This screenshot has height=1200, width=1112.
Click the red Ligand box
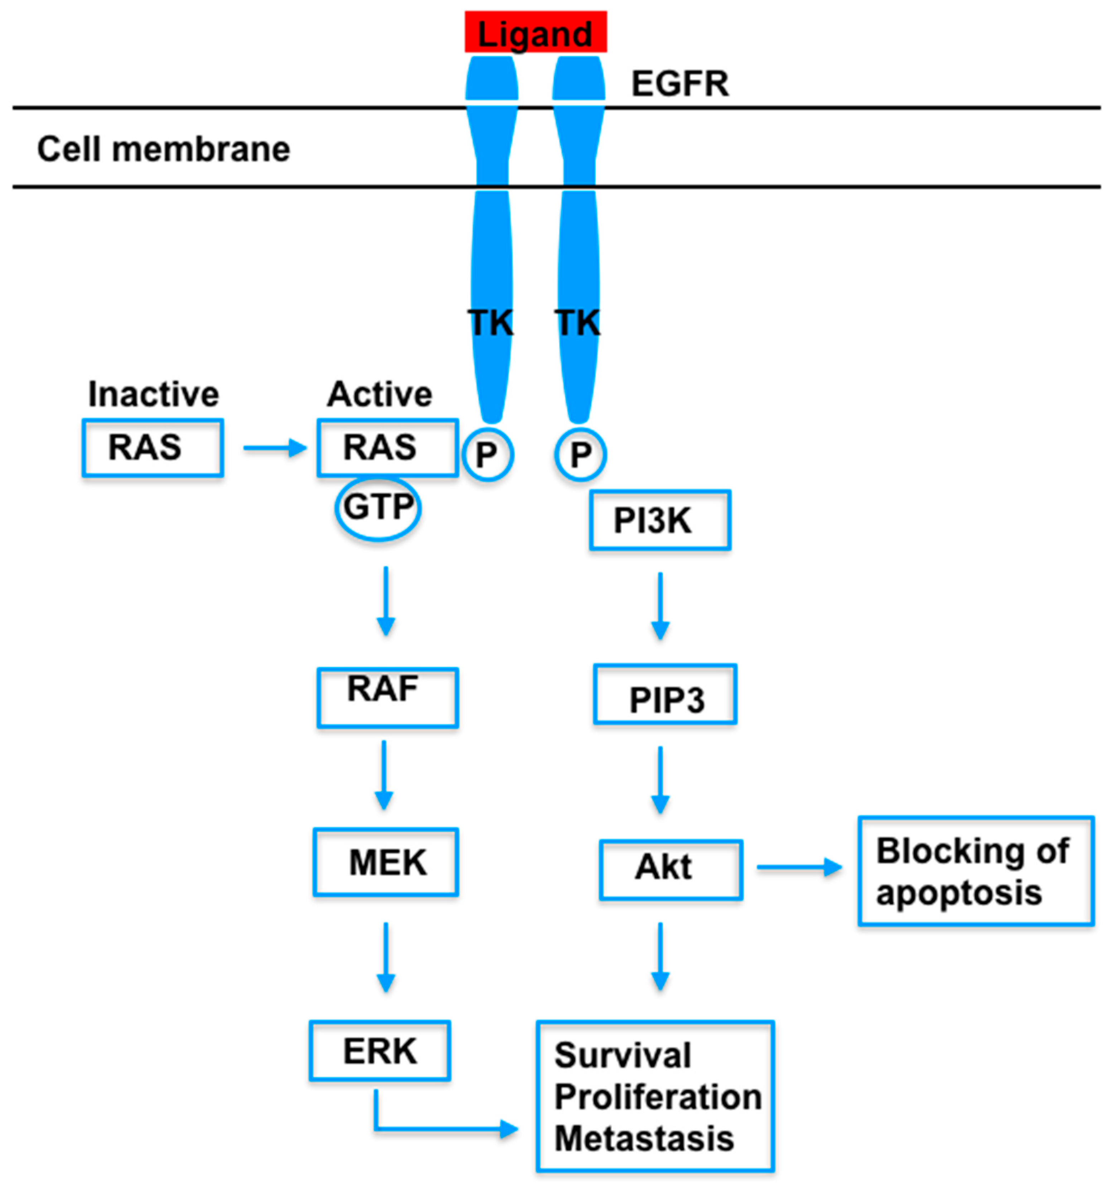click(536, 32)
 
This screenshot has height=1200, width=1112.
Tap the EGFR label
click(680, 84)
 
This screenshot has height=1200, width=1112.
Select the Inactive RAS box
click(153, 448)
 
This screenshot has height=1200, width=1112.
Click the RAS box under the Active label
click(388, 448)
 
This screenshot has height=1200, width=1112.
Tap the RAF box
click(388, 698)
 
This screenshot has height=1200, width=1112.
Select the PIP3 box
click(665, 694)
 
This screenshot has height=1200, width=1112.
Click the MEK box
click(386, 863)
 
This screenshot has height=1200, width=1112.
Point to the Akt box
click(671, 870)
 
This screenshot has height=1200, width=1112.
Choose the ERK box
click(380, 1051)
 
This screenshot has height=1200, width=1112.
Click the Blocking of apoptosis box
click(975, 870)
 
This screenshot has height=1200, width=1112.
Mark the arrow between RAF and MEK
click(384, 775)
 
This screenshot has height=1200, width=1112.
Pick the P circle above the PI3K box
click(580, 455)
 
